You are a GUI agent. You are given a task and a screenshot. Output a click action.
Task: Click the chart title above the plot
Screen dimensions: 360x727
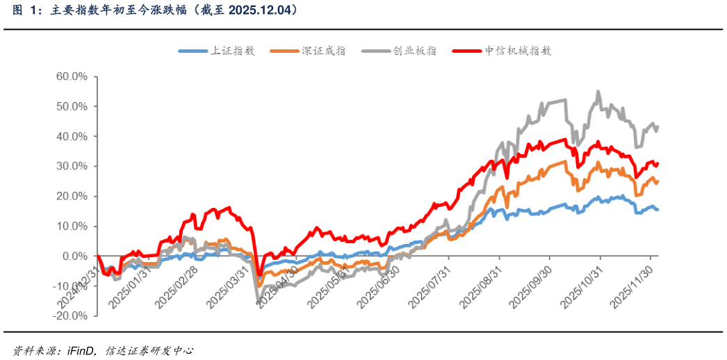[156, 10]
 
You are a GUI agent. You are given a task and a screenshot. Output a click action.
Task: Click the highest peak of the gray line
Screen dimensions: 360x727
[598, 92]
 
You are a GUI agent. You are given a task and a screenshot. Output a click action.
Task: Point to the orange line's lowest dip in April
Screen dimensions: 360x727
[259, 285]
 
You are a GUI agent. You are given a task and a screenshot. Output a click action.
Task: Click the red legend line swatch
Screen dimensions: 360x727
[466, 51]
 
